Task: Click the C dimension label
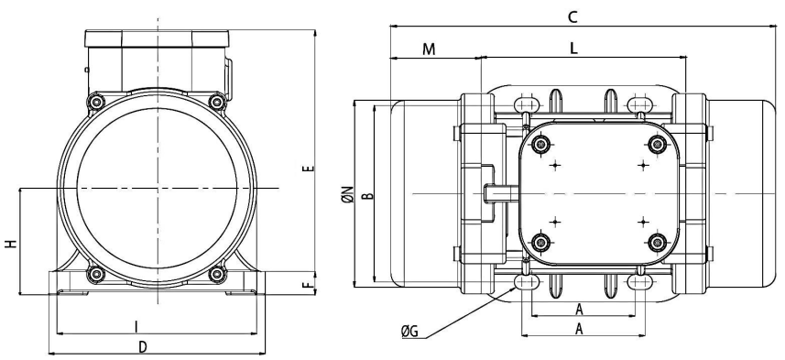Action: (x=572, y=17)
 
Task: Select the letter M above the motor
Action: (x=429, y=49)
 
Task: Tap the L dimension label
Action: (x=573, y=48)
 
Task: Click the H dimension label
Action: (x=11, y=244)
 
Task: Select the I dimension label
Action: (x=136, y=327)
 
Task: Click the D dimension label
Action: (x=143, y=346)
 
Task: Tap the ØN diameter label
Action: (x=349, y=194)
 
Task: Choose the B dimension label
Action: (x=368, y=195)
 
